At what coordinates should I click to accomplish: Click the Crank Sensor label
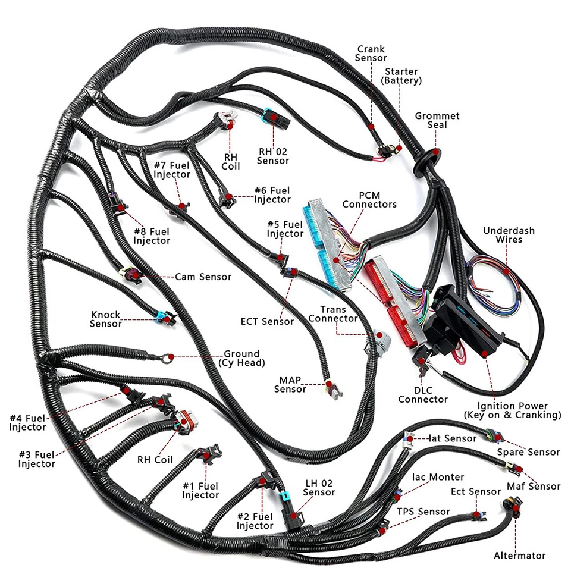[371, 53]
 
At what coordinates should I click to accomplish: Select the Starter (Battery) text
[401, 76]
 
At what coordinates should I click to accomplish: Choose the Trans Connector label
[339, 314]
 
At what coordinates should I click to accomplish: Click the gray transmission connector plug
[378, 340]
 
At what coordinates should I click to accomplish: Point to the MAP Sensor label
[290, 384]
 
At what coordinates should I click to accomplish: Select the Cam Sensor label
[203, 277]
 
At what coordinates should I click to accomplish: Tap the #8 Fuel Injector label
[152, 236]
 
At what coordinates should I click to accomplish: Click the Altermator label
[519, 556]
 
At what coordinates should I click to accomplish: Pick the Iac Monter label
[438, 477]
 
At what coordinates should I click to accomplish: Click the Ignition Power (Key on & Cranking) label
[512, 410]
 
